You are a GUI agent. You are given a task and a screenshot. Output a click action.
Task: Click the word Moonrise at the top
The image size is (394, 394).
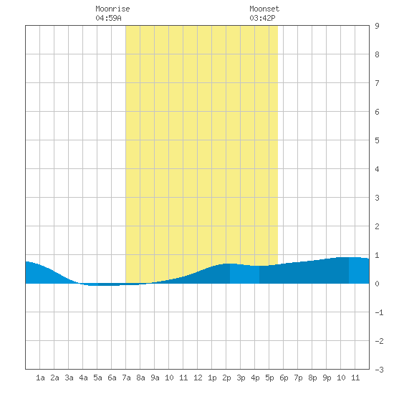112,9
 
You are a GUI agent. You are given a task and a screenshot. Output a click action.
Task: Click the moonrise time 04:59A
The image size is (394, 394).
109,18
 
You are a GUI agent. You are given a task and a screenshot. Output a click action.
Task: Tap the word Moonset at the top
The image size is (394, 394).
264,9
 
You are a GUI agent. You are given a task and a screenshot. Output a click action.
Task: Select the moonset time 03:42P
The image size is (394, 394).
263,18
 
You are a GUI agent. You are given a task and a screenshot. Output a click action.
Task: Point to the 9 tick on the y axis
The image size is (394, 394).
377,26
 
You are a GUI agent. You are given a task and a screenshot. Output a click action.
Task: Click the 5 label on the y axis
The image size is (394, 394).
377,140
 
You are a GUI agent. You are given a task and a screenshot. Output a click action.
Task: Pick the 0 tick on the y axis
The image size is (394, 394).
377,284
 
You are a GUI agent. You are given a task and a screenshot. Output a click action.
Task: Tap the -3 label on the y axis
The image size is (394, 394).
379,370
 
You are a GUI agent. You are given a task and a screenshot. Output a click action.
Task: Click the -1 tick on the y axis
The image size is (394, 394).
379,312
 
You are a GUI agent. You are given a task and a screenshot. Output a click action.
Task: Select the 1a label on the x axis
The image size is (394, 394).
40,378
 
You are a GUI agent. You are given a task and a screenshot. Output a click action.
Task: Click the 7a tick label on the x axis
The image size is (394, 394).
126,378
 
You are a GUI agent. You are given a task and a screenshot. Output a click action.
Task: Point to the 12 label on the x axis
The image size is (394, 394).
198,378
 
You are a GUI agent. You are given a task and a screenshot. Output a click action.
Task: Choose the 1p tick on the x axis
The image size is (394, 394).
212,378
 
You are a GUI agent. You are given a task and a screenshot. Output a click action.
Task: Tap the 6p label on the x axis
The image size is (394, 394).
284,378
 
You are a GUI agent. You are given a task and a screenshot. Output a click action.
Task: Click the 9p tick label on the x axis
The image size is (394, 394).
327,378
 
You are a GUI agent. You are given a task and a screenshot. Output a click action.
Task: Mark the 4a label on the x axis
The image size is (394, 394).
83,378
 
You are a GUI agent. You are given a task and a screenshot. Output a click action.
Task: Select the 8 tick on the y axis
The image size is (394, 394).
377,54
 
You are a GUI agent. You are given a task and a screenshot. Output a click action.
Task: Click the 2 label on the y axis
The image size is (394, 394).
377,226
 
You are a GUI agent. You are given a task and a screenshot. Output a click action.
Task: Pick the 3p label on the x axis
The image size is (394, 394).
241,378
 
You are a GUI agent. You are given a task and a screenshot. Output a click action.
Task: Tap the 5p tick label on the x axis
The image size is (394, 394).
269,378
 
